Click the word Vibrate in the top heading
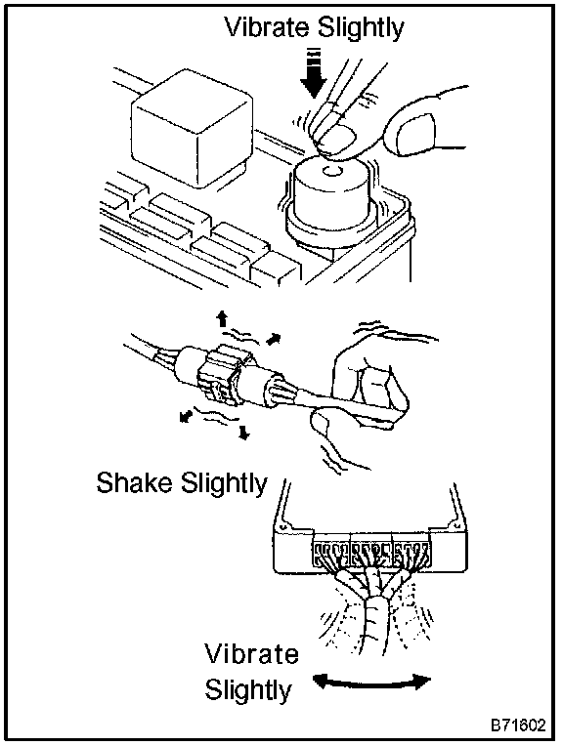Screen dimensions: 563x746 pos(269,28)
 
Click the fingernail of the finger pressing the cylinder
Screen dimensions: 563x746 pos(337,142)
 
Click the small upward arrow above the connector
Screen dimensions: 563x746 pos(222,318)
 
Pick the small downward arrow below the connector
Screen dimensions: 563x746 pos(244,432)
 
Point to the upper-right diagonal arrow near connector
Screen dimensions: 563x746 pos(273,339)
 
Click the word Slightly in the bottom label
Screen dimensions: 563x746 pos(248,690)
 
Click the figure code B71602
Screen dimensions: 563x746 pos(518,725)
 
